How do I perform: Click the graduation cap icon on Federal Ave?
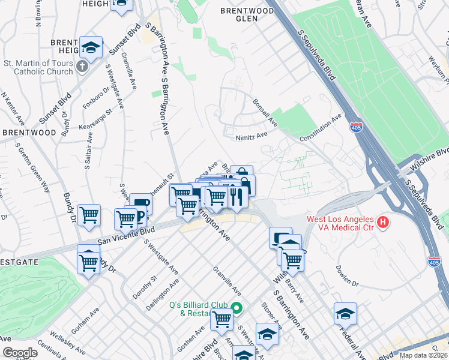[345, 313]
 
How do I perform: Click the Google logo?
[20, 353]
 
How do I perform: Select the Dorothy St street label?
[145, 287]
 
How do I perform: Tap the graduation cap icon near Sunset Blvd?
[91, 47]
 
